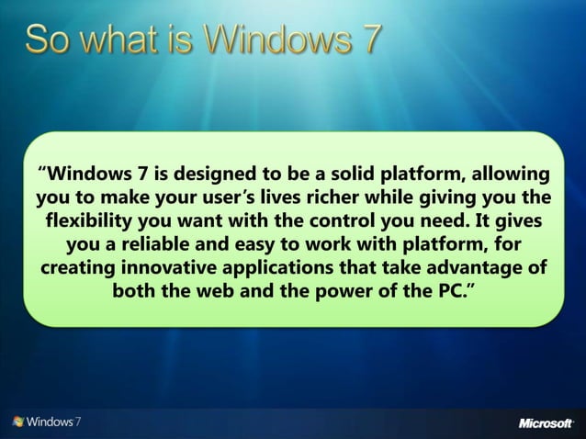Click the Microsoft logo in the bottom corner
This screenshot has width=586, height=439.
pos(547,422)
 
